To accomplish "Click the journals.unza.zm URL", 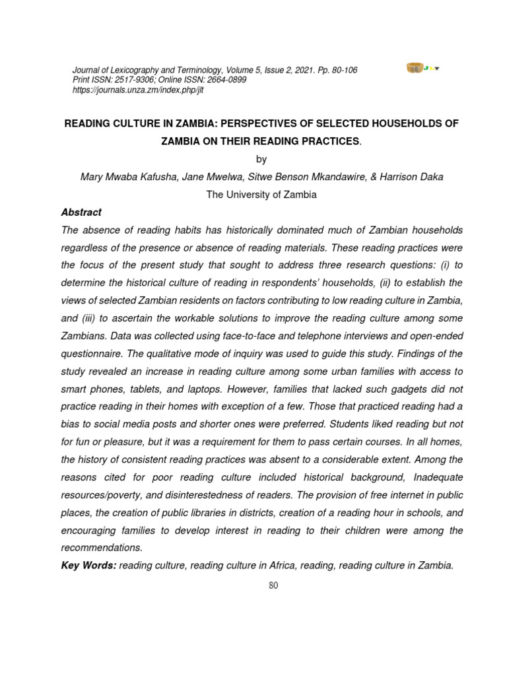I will click(x=137, y=90).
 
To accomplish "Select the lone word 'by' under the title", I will click(x=261, y=159).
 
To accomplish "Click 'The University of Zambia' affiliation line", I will click(x=261, y=195).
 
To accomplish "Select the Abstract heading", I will click(x=81, y=213).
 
